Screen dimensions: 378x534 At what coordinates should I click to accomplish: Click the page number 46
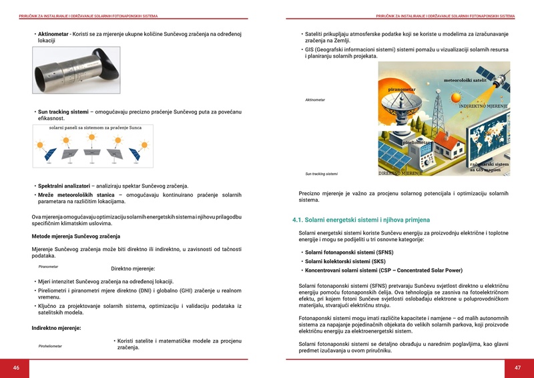16,368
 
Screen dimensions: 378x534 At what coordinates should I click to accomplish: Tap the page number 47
517,368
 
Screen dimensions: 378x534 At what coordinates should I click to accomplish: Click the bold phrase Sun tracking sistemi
63,112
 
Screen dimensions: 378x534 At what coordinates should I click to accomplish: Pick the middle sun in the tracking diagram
92,140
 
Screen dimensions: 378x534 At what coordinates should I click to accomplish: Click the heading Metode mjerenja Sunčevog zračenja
75,236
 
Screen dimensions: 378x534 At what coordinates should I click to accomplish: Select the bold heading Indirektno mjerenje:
56,328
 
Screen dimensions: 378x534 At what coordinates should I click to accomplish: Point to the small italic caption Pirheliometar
50,346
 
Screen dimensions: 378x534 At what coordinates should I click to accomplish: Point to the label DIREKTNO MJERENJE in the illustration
400,173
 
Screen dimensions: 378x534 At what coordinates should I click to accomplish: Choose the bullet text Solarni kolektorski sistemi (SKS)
345,261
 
